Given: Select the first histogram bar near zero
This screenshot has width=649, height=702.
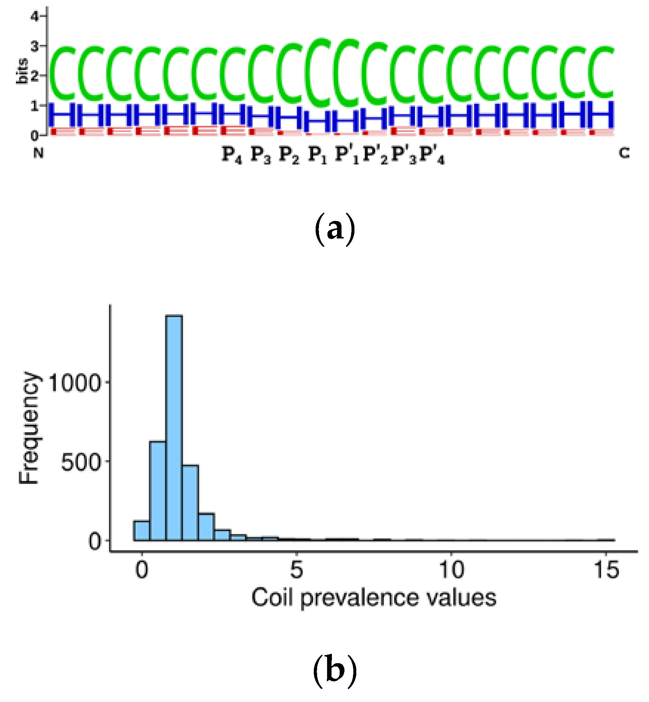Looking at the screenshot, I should pos(142,531).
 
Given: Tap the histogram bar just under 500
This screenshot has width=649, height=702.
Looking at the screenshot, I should pos(190,503).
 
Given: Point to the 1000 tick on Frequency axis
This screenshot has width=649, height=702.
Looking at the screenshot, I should pos(74,383).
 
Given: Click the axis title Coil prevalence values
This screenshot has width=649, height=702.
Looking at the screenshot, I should pos(374,598).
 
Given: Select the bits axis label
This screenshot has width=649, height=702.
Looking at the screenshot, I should pos(23,71).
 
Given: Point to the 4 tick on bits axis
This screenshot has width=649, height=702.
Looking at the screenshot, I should pos(35,16).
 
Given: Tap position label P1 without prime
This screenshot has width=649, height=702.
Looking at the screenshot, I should pos(317,155).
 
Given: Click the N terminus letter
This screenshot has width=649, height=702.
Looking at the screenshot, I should pos(38,153).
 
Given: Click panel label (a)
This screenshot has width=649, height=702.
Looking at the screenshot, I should pos(334,230).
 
